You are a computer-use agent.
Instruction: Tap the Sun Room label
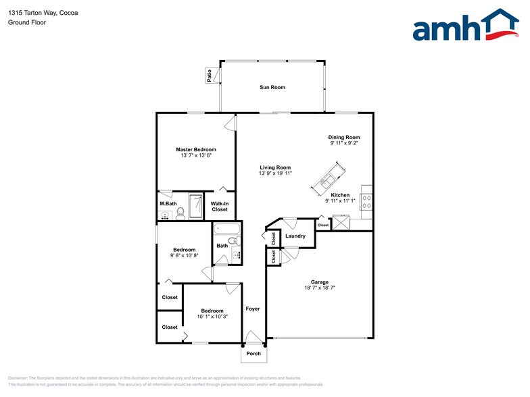[272, 87]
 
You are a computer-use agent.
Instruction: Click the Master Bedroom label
[196, 149]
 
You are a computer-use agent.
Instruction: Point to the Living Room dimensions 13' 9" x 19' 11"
[274, 174]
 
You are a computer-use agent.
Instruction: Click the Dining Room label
[344, 137]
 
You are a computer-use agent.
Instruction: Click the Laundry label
[295, 236]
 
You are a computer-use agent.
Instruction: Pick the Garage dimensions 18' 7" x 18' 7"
[320, 288]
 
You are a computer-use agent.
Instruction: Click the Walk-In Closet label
[220, 207]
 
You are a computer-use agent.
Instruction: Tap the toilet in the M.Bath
[180, 213]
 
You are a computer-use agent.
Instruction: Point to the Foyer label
[253, 309]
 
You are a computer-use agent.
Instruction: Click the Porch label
[254, 354]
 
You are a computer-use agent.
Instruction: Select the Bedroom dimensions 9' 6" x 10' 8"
[184, 255]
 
